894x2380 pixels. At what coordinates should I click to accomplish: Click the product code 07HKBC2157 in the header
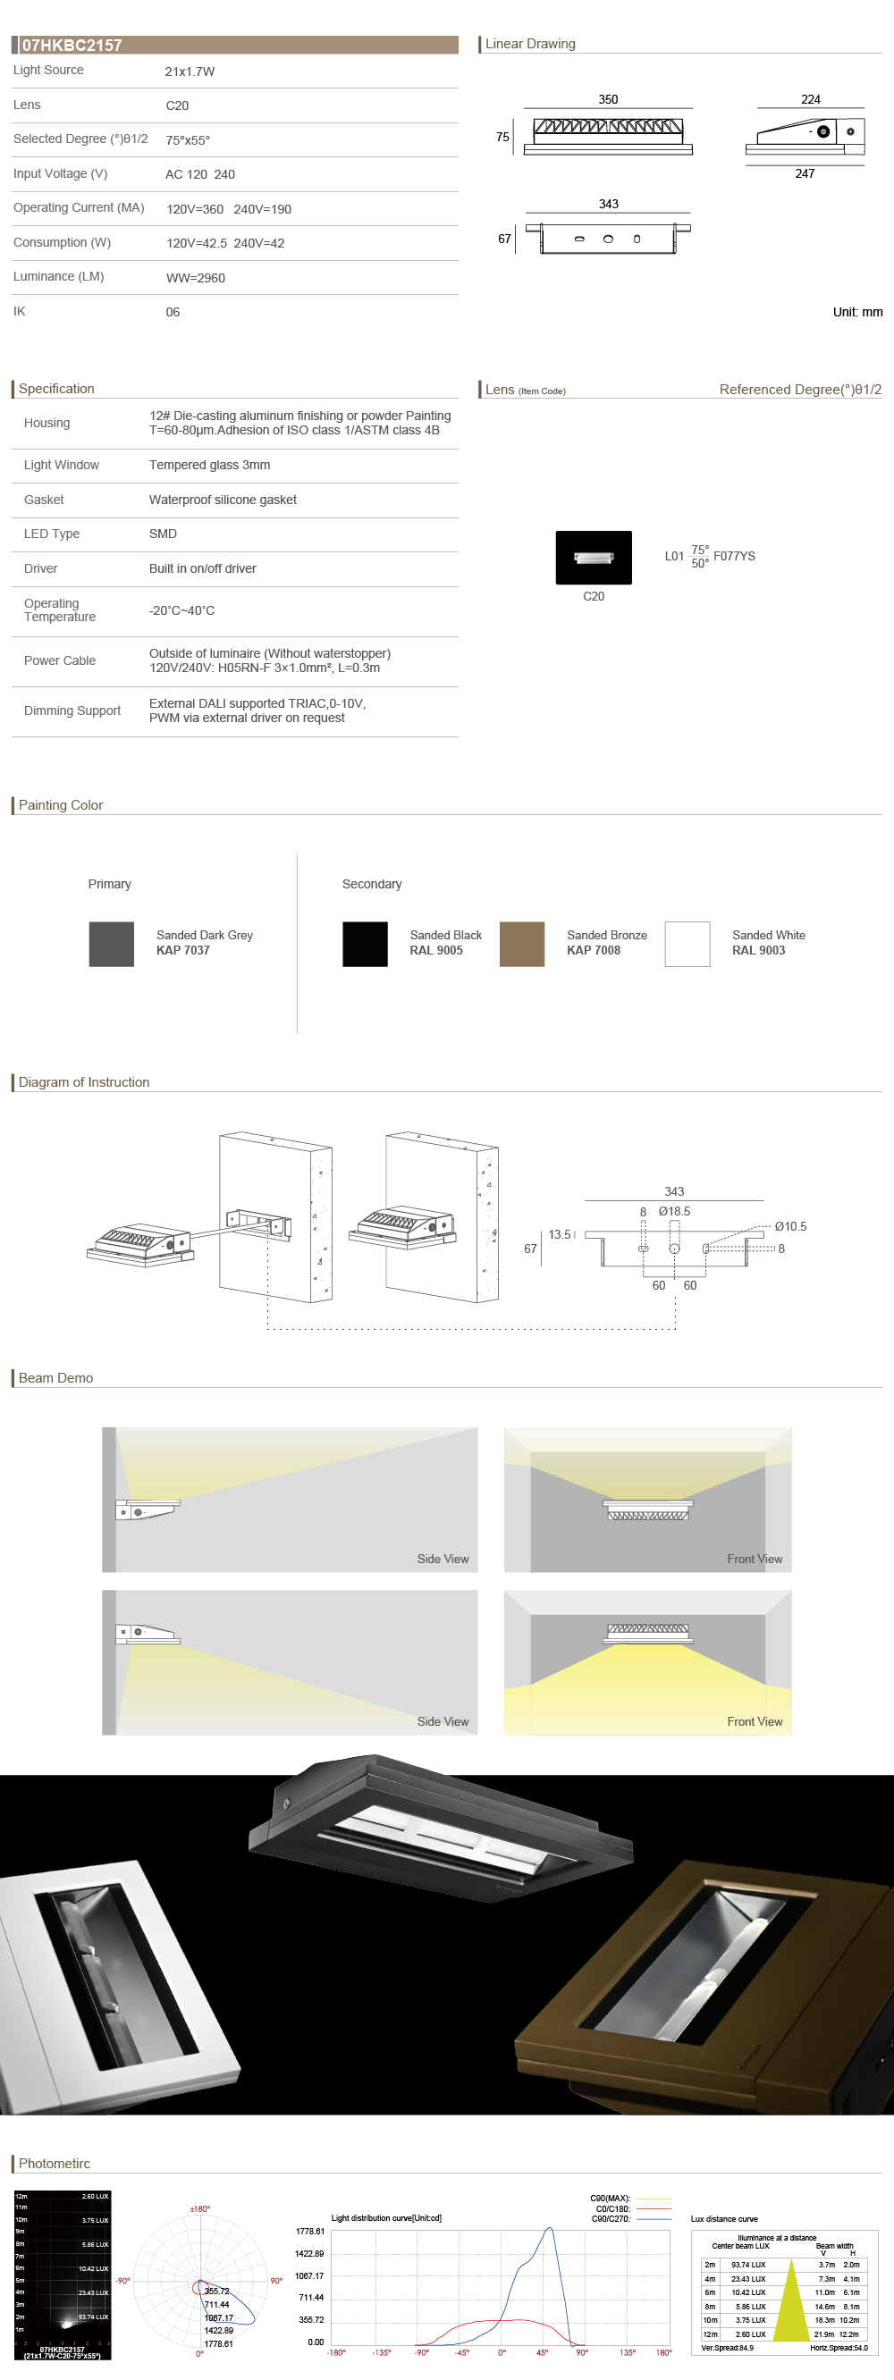[x=72, y=46]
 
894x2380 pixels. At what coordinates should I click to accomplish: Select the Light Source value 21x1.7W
[x=190, y=71]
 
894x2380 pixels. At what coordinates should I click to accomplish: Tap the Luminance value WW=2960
[x=195, y=278]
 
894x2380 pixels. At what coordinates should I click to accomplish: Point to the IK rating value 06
[x=173, y=312]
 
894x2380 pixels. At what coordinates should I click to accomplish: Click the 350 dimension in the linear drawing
[x=608, y=100]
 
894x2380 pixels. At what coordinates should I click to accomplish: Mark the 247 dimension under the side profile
[x=805, y=173]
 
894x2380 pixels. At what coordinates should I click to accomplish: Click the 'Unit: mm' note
[x=857, y=312]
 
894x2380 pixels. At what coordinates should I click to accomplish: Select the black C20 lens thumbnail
[x=594, y=557]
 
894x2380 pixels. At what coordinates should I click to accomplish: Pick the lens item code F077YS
[x=734, y=556]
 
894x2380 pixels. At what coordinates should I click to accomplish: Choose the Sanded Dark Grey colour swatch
[x=112, y=945]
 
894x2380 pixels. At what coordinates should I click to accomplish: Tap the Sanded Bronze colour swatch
[x=522, y=945]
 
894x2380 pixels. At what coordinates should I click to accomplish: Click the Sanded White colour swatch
[x=687, y=945]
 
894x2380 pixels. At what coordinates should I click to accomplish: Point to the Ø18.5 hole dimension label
[x=674, y=1211]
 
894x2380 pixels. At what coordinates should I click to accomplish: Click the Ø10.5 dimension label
[x=790, y=1227]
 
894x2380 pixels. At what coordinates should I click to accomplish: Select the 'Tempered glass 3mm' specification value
[x=210, y=466]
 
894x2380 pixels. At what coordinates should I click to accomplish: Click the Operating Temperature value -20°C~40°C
[x=182, y=610]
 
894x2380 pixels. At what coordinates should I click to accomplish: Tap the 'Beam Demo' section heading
[x=55, y=1377]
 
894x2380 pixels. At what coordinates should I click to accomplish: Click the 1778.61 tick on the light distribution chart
[x=309, y=2232]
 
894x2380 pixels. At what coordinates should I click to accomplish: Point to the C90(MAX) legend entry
[x=611, y=2199]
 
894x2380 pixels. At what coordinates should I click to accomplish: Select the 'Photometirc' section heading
[x=55, y=2164]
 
